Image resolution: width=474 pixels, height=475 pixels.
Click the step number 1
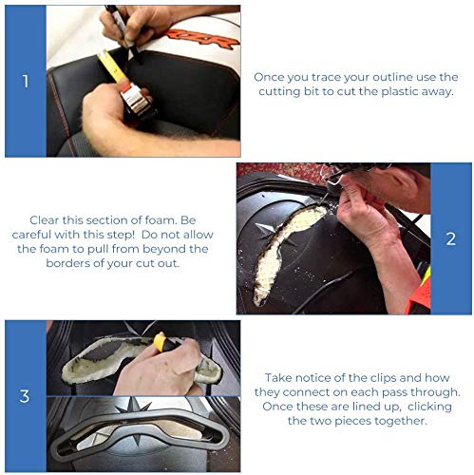tap(26, 81)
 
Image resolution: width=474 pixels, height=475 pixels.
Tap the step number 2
tap(451, 238)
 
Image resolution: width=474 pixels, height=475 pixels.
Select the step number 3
tap(25, 396)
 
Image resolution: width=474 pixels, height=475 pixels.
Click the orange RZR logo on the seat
tap(202, 38)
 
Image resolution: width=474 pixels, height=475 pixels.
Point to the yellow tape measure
tap(126, 85)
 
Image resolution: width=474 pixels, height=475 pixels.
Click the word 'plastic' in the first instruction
tap(400, 91)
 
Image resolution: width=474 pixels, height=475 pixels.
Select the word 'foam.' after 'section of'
tap(161, 220)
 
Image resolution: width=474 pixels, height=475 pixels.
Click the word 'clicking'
tap(429, 407)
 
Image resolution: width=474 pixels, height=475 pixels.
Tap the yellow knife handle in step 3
tap(161, 342)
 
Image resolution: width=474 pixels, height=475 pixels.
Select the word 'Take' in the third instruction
tap(276, 378)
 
